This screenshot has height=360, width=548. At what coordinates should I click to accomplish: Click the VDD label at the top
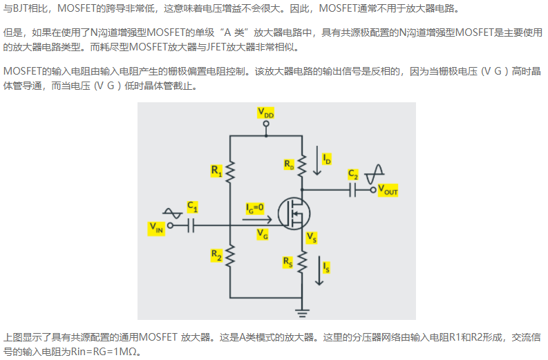coord(265,113)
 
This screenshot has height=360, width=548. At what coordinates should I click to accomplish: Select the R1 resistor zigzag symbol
coord(230,172)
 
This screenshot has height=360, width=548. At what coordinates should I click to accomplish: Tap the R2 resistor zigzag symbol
coord(230,256)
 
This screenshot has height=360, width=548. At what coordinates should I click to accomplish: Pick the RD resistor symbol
coord(302,164)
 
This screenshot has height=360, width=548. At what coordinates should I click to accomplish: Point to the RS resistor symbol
coord(302,262)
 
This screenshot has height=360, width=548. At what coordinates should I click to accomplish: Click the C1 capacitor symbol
coord(191,225)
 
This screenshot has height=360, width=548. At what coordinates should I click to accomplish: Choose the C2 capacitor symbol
coord(352,190)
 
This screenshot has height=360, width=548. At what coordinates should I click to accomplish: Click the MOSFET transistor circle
coord(294,214)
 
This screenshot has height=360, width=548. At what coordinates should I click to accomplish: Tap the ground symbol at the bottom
coord(302,312)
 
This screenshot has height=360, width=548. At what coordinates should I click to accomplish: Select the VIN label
coord(156,228)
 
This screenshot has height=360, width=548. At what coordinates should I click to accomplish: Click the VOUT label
coord(388,191)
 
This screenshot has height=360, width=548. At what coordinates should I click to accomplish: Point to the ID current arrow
coord(317,160)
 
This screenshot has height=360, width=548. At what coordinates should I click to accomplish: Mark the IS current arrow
coord(319,271)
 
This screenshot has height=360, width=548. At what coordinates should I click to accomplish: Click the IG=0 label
coord(255,208)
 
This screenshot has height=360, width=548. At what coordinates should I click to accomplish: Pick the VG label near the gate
coord(262,234)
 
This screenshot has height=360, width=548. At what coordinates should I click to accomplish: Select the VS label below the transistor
coord(312,238)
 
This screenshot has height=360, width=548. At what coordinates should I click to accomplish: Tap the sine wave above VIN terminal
coord(172,213)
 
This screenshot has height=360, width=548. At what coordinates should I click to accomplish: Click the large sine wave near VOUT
coord(374,174)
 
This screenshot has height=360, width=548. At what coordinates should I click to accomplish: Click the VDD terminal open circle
coord(266,124)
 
